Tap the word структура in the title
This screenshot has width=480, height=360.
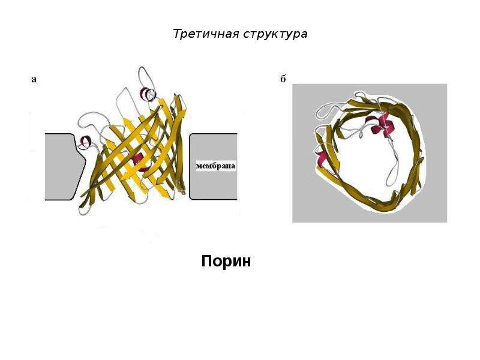click(x=275, y=34)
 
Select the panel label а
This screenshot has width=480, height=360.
click(x=34, y=80)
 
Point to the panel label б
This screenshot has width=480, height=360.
click(x=283, y=79)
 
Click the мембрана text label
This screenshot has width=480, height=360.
click(x=215, y=166)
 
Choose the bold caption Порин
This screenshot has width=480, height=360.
click(x=226, y=261)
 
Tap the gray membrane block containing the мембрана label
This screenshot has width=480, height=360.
click(x=213, y=167)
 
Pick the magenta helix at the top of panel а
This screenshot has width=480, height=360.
click(x=148, y=94)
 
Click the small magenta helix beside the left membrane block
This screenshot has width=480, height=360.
click(x=85, y=142)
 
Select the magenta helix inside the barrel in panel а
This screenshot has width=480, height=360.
click(x=139, y=161)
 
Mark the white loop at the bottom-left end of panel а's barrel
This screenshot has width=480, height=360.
click(x=83, y=209)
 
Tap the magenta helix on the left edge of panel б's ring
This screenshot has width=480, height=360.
click(x=322, y=158)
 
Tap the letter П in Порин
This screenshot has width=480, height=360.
click(x=206, y=261)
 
